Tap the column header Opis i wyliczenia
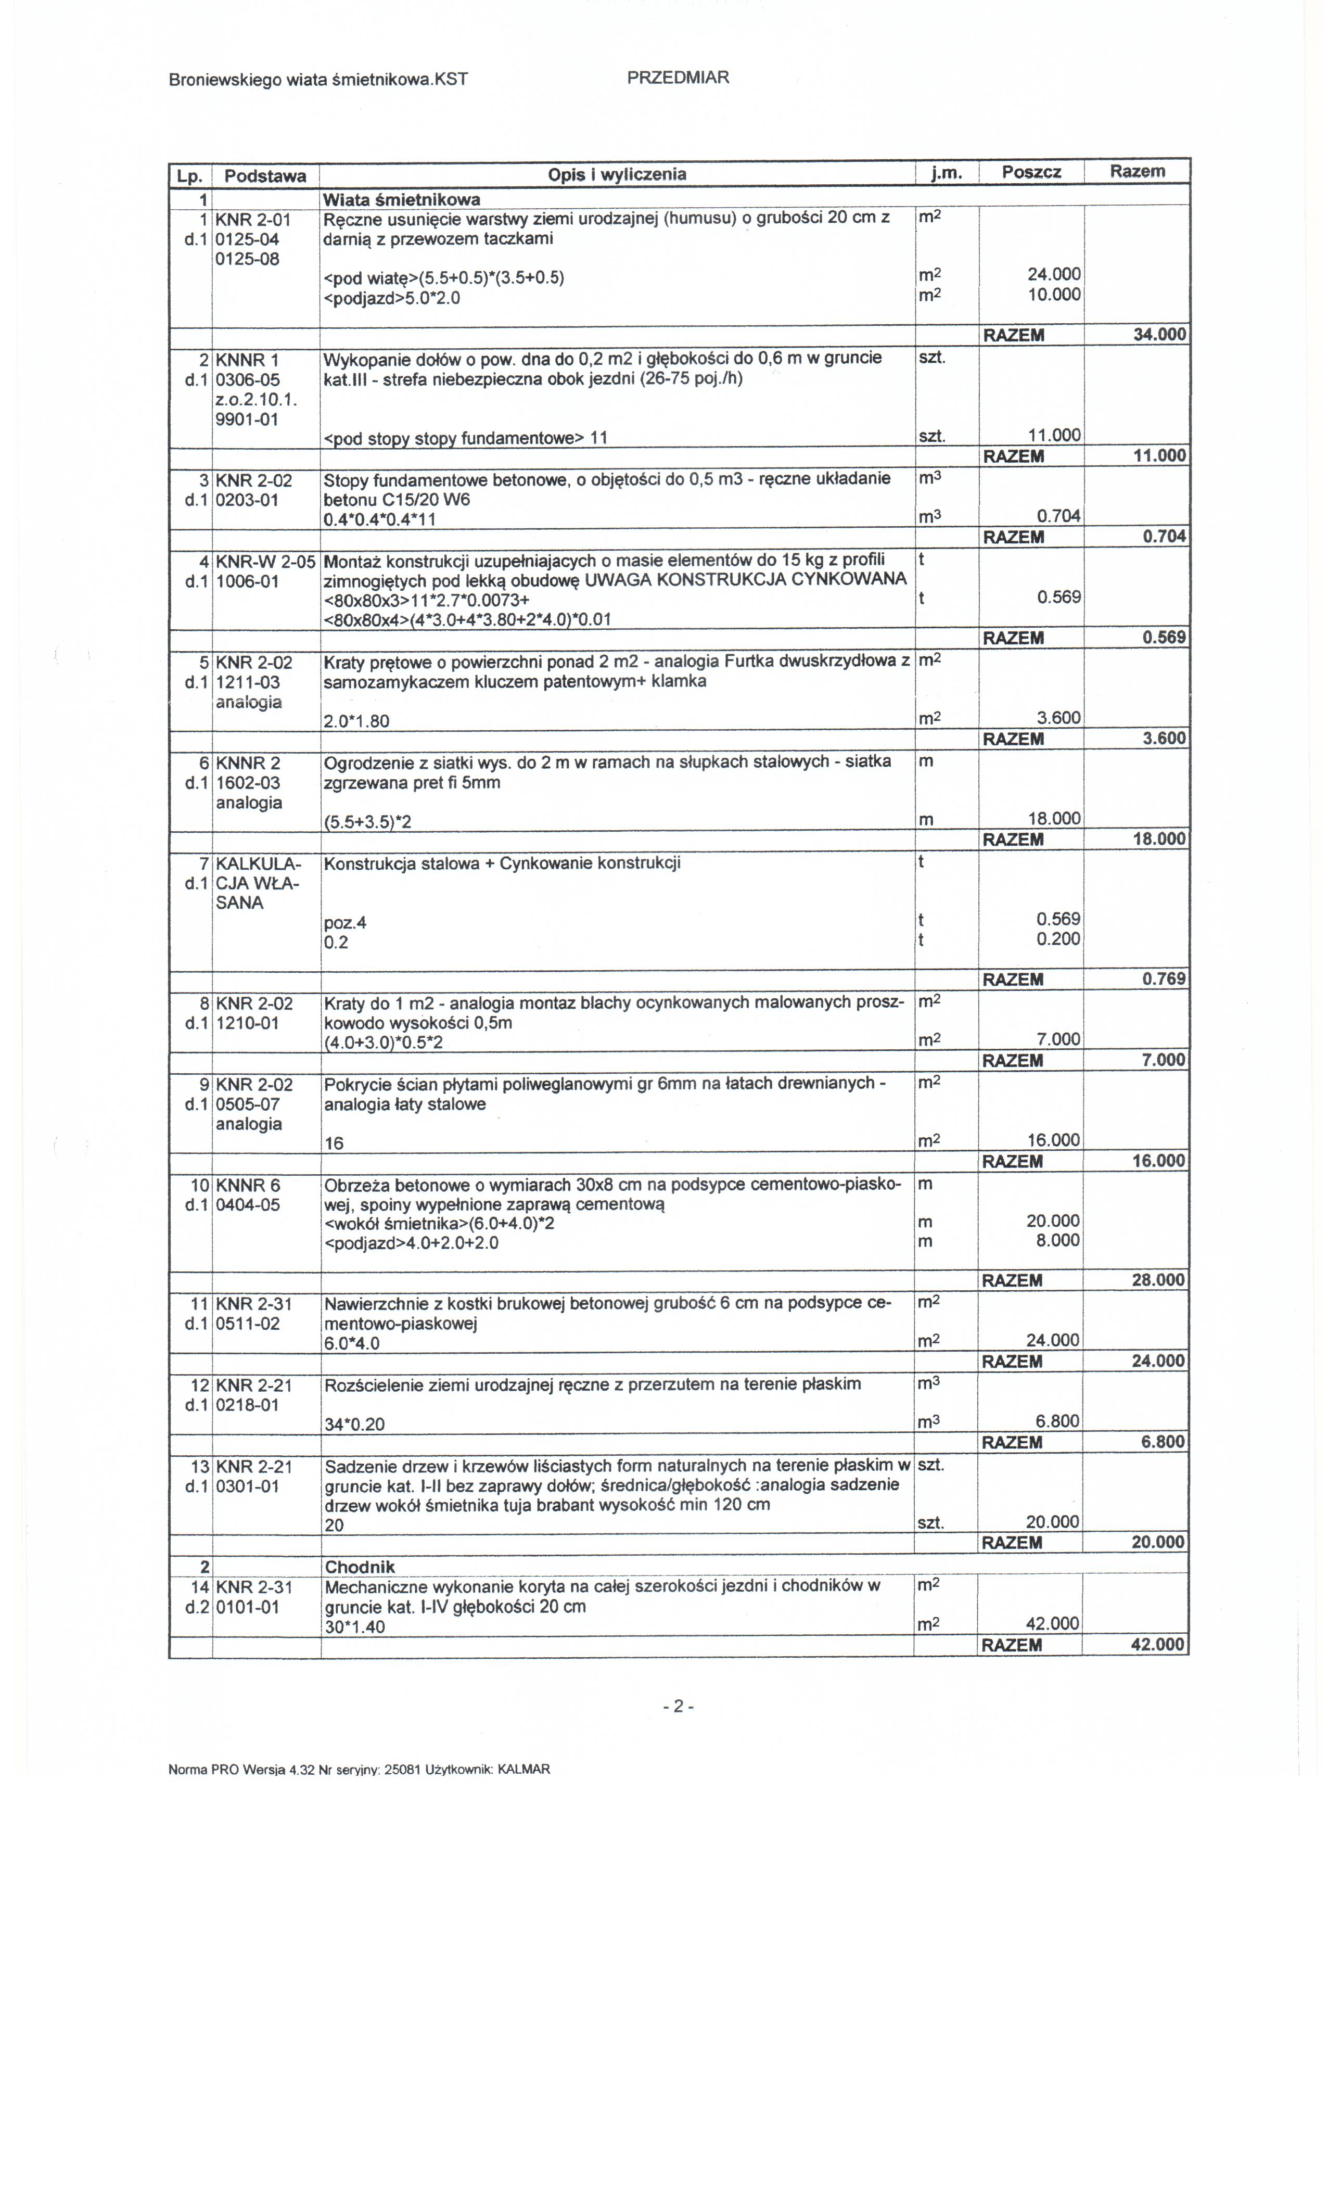click(x=617, y=174)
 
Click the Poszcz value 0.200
click(x=1058, y=938)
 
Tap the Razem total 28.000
click(x=1158, y=1280)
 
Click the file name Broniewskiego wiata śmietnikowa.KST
click(x=317, y=80)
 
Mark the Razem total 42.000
click(x=1158, y=1645)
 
